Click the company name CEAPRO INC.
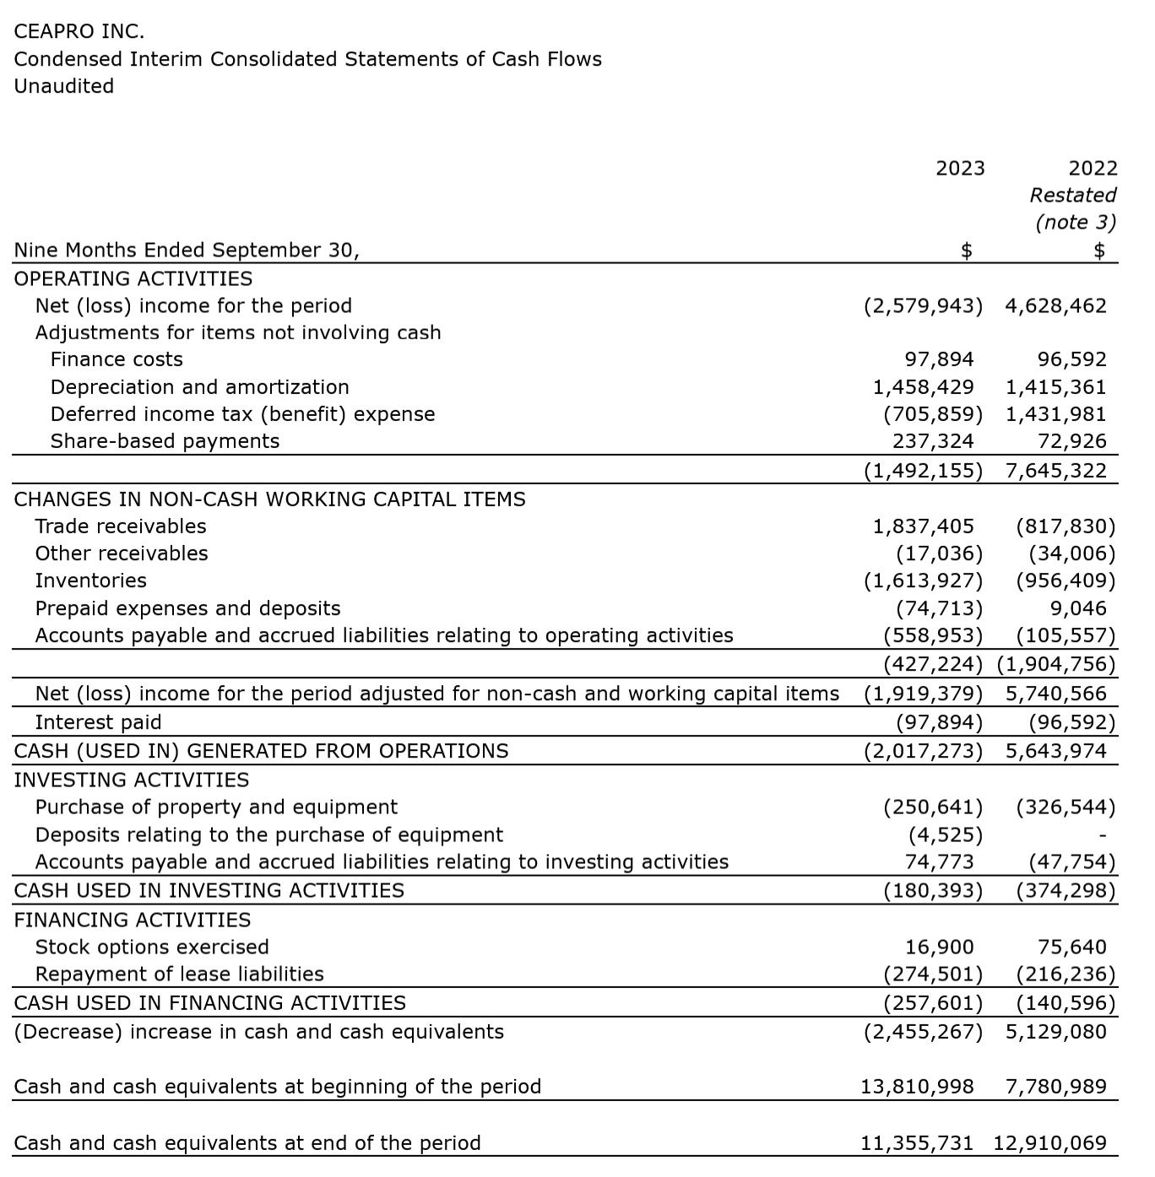point(79,32)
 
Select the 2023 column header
point(960,169)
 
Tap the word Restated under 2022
point(1072,196)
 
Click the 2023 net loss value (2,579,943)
point(923,306)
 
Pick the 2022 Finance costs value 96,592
point(1071,360)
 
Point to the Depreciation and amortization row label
point(199,387)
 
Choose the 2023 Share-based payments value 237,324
point(933,441)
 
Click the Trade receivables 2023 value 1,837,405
point(923,527)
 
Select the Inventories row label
point(90,581)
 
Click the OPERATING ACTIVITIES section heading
point(133,279)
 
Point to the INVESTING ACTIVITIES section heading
point(132,780)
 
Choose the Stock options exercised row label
point(152,948)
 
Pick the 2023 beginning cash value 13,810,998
point(917,1087)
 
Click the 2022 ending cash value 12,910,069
point(1049,1144)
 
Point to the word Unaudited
point(64,86)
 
